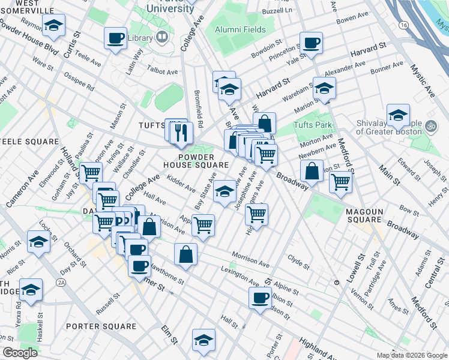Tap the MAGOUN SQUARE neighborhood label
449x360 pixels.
pyautogui.click(x=364, y=215)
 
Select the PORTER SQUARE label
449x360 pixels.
pyautogui.click(x=101, y=326)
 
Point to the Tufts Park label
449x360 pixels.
pyautogui.click(x=313, y=126)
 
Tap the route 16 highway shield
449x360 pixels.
pyautogui.click(x=403, y=25)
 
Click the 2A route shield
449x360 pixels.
pyautogui.click(x=61, y=281)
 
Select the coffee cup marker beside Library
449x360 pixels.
pyautogui.click(x=115, y=38)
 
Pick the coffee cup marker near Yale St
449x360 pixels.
pyautogui.click(x=311, y=43)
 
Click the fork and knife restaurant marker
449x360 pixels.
pyautogui.click(x=182, y=131)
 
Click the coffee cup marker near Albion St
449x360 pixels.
pyautogui.click(x=261, y=298)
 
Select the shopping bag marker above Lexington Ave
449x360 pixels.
pyautogui.click(x=186, y=254)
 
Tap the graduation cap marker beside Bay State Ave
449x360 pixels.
pyautogui.click(x=225, y=192)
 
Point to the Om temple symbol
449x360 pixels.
pyautogui.click(x=430, y=127)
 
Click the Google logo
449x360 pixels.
pyautogui.click(x=20, y=353)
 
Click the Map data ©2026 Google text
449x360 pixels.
pyautogui.click(x=411, y=355)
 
